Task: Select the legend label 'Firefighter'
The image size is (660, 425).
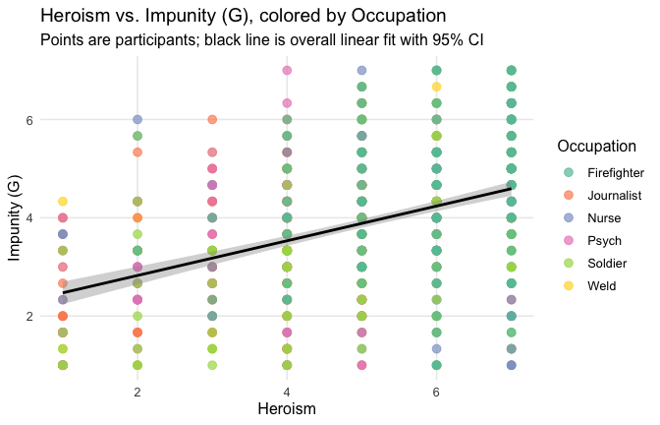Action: tap(615, 173)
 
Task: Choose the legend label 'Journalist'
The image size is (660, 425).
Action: tap(614, 196)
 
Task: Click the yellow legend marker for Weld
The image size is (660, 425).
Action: tap(571, 286)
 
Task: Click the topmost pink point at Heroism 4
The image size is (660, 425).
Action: tap(287, 70)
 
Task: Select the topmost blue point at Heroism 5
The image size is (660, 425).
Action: tap(361, 71)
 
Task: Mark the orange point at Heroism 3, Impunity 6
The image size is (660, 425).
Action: tap(212, 120)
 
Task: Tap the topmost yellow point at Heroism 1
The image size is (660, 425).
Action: tap(63, 202)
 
